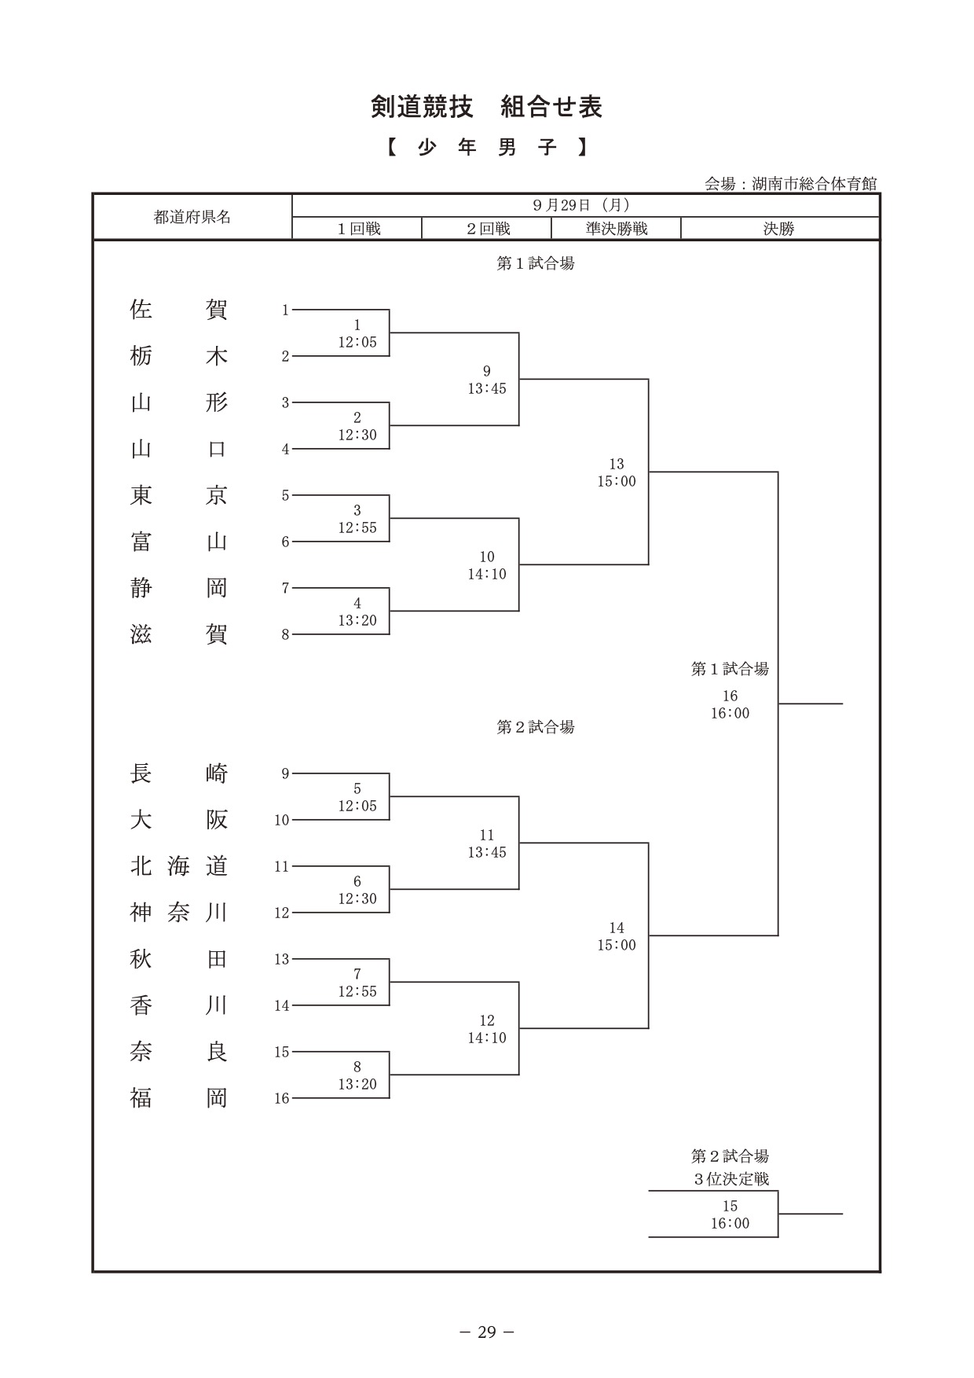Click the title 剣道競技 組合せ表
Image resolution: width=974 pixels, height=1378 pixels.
[486, 108]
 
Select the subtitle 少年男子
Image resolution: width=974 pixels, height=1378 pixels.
[487, 148]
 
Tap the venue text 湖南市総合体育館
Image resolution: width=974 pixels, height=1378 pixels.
[814, 184]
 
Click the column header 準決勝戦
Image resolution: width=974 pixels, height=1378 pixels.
[617, 229]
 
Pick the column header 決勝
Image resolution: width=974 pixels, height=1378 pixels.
[779, 229]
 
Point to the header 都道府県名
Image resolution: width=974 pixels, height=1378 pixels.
[192, 217]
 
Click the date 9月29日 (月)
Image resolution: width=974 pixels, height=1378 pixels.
[581, 205]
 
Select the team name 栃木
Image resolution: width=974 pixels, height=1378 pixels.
[178, 356]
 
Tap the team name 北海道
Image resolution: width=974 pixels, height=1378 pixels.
[178, 866]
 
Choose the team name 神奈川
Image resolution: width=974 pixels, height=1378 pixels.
[178, 913]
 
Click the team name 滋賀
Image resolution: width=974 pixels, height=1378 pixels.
[178, 634]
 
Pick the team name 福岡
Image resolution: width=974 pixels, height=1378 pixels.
[178, 1098]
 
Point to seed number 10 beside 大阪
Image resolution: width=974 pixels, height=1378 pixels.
[282, 820]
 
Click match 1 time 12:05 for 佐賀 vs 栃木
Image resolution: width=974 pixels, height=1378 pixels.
[357, 342]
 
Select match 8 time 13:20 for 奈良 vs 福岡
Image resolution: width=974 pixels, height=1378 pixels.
[357, 1084]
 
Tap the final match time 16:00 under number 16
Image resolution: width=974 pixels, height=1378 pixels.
[730, 713]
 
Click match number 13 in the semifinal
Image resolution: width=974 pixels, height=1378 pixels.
[617, 464]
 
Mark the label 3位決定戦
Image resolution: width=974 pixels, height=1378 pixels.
[731, 1179]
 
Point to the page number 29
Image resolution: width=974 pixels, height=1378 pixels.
[487, 1332]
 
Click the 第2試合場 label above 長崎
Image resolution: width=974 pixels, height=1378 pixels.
[536, 727]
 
